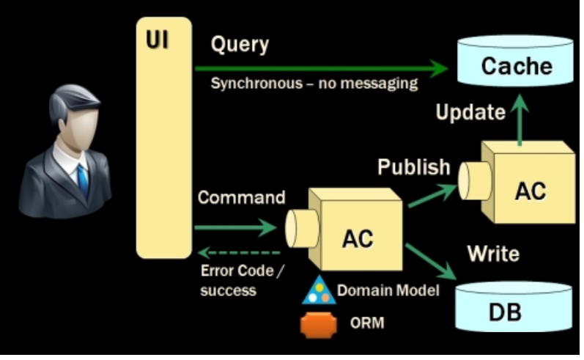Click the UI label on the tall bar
157,40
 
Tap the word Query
240,45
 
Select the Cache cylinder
515,60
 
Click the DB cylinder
514,306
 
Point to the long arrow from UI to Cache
321,69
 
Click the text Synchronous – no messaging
314,84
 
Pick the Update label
470,111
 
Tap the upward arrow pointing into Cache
520,120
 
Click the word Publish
414,166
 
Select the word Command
241,197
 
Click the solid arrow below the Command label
235,227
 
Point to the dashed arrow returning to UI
239,253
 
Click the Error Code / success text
241,280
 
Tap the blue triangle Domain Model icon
319,291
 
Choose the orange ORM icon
319,325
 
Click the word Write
493,254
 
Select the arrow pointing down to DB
431,261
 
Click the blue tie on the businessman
83,182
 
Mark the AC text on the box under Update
531,191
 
